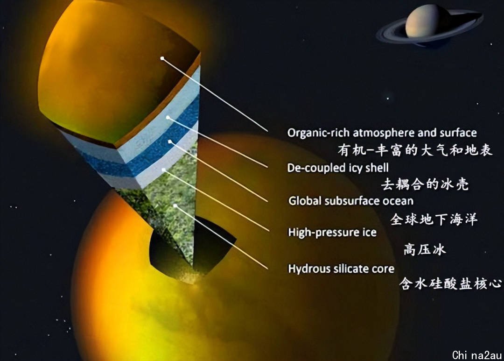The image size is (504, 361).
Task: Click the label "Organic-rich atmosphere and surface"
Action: pos(382,133)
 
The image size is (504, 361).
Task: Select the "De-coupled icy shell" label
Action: pos(338,168)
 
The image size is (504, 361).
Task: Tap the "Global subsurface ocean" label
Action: pos(350,201)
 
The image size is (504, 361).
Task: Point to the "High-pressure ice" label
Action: pos(332,232)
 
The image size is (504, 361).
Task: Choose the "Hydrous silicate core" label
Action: pos(341,269)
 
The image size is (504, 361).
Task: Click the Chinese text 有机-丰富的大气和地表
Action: pos(415,150)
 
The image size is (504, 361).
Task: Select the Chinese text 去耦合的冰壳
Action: pos(425,184)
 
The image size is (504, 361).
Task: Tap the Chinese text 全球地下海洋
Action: pos(434,219)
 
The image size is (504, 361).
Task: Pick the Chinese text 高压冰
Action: pos(425,249)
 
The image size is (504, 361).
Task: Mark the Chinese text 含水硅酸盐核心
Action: pos(450,283)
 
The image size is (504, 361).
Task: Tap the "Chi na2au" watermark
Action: pos(477,355)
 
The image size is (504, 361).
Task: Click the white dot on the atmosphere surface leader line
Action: pos(162,58)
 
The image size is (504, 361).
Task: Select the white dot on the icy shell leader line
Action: pos(168,117)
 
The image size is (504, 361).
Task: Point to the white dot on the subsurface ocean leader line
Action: pos(170,142)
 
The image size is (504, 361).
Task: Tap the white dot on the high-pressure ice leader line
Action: pos(164,170)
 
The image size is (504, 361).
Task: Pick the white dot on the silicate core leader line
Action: pos(175,205)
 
